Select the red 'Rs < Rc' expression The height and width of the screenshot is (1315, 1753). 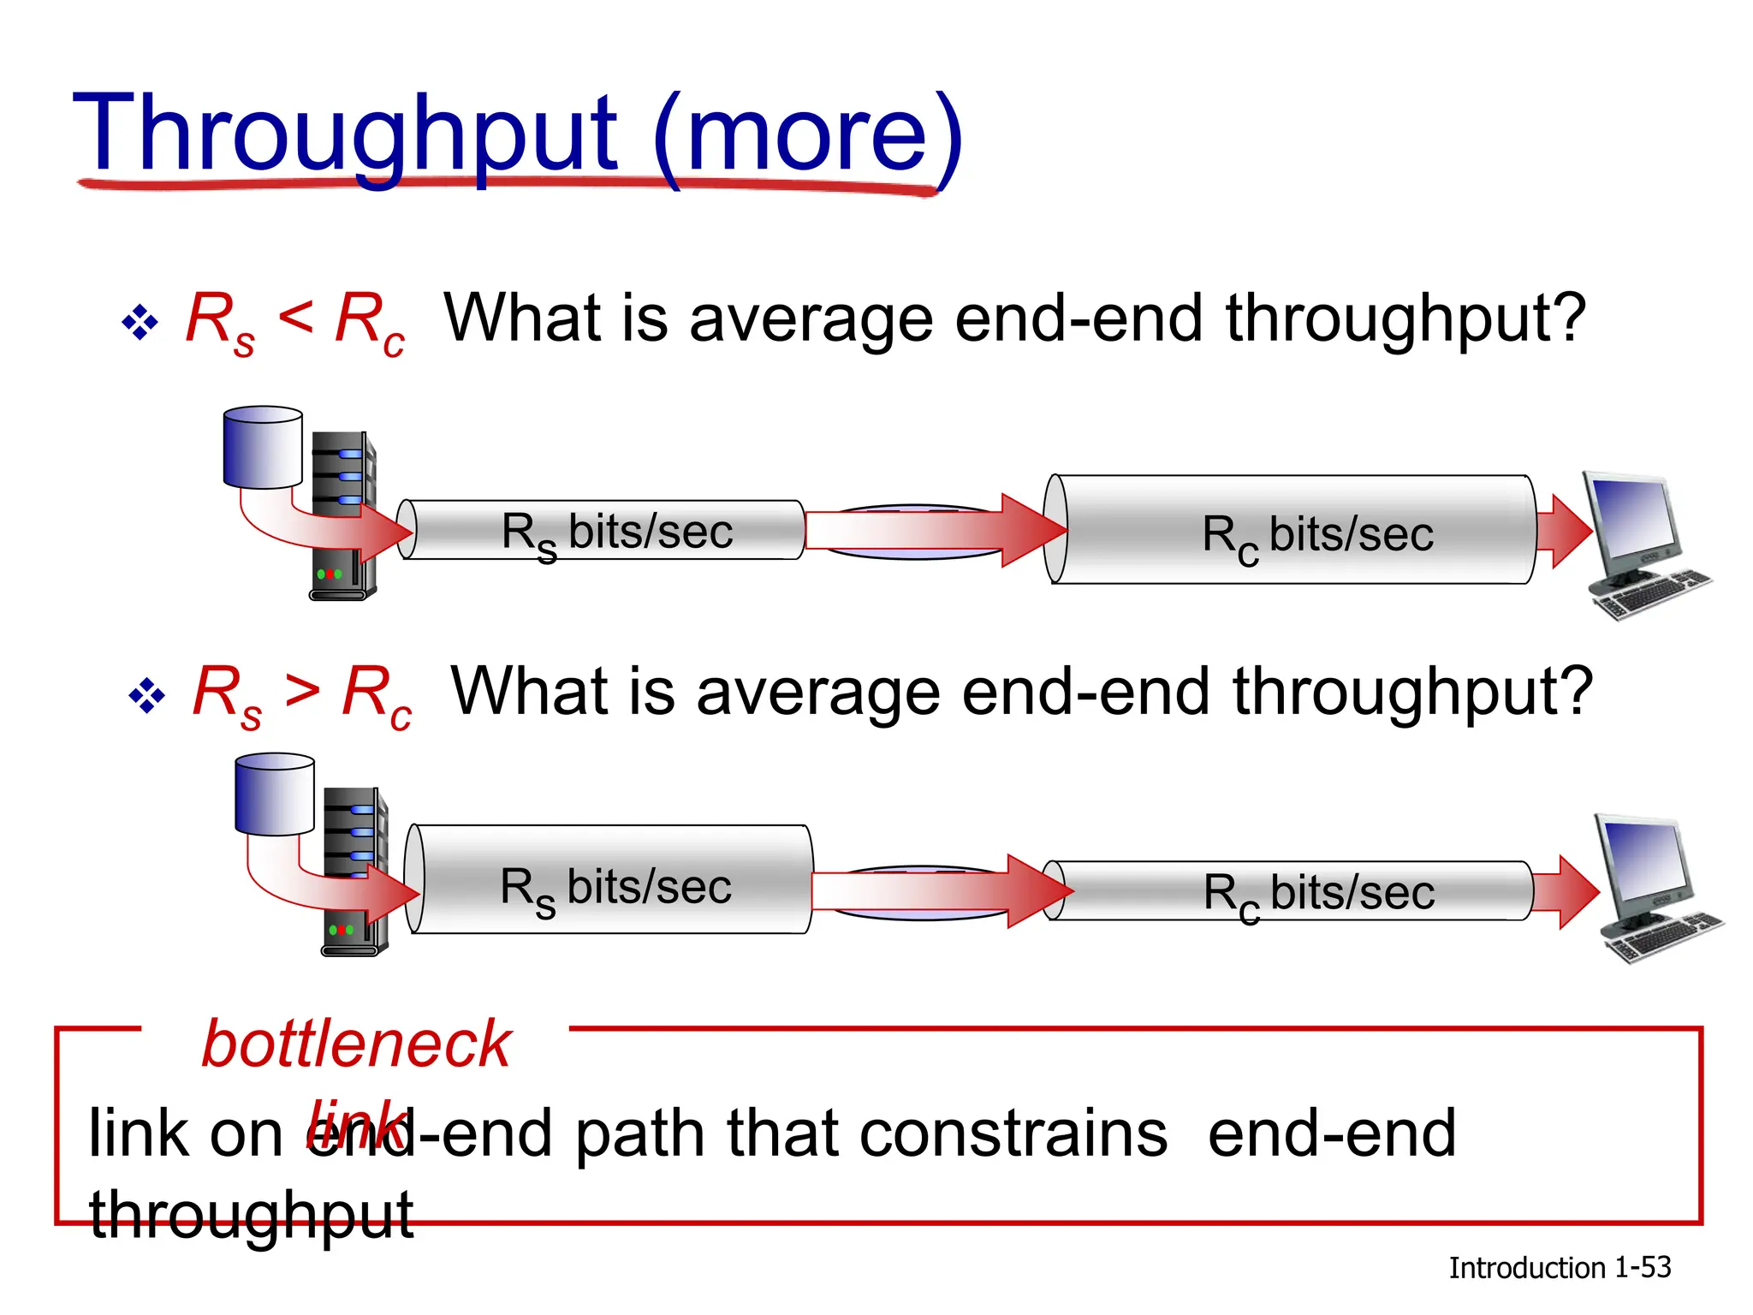point(295,321)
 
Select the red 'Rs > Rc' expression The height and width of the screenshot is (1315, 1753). point(302,695)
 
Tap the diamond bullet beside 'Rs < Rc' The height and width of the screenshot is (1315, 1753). point(140,324)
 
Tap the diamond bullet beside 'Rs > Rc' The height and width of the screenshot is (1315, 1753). point(146,696)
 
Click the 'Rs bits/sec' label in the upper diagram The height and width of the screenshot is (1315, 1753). point(616,533)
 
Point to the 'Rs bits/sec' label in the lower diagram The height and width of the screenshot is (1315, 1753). point(615,889)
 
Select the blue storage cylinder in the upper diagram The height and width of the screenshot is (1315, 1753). point(263,447)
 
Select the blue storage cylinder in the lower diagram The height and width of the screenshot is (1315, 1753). point(275,794)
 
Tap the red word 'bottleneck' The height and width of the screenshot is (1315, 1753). point(356,1044)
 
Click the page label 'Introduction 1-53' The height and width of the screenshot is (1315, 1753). point(1559,1268)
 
